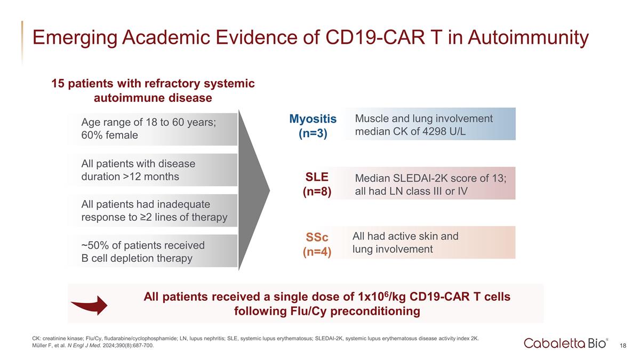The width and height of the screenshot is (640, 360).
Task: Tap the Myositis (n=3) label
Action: click(x=313, y=125)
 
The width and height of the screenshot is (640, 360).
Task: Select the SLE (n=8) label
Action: click(x=317, y=184)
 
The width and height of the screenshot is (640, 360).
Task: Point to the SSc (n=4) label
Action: click(x=317, y=244)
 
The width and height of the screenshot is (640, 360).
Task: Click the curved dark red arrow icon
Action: click(x=89, y=305)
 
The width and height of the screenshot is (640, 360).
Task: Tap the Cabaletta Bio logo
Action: click(x=566, y=343)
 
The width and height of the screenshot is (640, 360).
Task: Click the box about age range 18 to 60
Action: click(x=152, y=129)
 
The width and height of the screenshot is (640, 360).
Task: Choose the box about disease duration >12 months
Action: click(x=152, y=170)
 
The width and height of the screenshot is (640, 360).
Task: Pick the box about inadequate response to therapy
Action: click(x=152, y=211)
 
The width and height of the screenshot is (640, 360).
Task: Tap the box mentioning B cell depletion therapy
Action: click(x=152, y=251)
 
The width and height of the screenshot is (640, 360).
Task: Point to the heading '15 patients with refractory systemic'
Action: click(x=153, y=84)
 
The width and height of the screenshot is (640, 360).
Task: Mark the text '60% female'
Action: click(x=109, y=135)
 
